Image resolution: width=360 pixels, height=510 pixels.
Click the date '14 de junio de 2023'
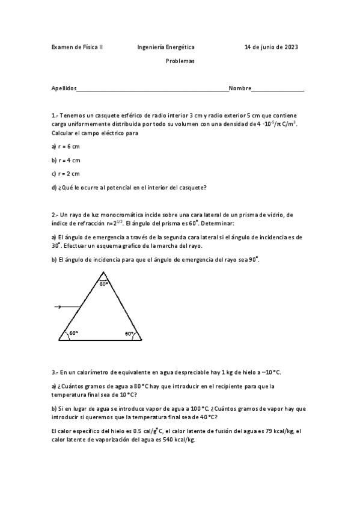(x=271, y=46)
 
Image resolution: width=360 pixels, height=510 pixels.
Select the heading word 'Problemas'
(x=180, y=61)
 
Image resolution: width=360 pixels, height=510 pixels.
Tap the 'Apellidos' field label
(x=64, y=88)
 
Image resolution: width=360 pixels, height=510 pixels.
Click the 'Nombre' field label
(x=240, y=88)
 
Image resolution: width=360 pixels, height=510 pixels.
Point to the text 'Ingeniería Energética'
(x=166, y=46)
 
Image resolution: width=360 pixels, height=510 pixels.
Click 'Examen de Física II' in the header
(x=78, y=46)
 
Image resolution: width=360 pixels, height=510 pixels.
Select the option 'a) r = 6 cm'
(x=66, y=146)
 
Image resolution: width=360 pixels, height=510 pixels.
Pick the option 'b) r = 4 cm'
(x=66, y=160)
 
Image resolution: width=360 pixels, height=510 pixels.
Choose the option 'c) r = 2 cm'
(x=66, y=173)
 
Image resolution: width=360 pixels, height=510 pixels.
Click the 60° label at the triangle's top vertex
(x=104, y=284)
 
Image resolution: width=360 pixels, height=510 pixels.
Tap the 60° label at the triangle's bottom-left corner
(x=73, y=333)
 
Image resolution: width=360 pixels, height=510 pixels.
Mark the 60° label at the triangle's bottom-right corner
(x=129, y=333)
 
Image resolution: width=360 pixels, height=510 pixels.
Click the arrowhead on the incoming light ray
(x=58, y=307)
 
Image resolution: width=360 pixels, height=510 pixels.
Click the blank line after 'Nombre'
(x=278, y=90)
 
